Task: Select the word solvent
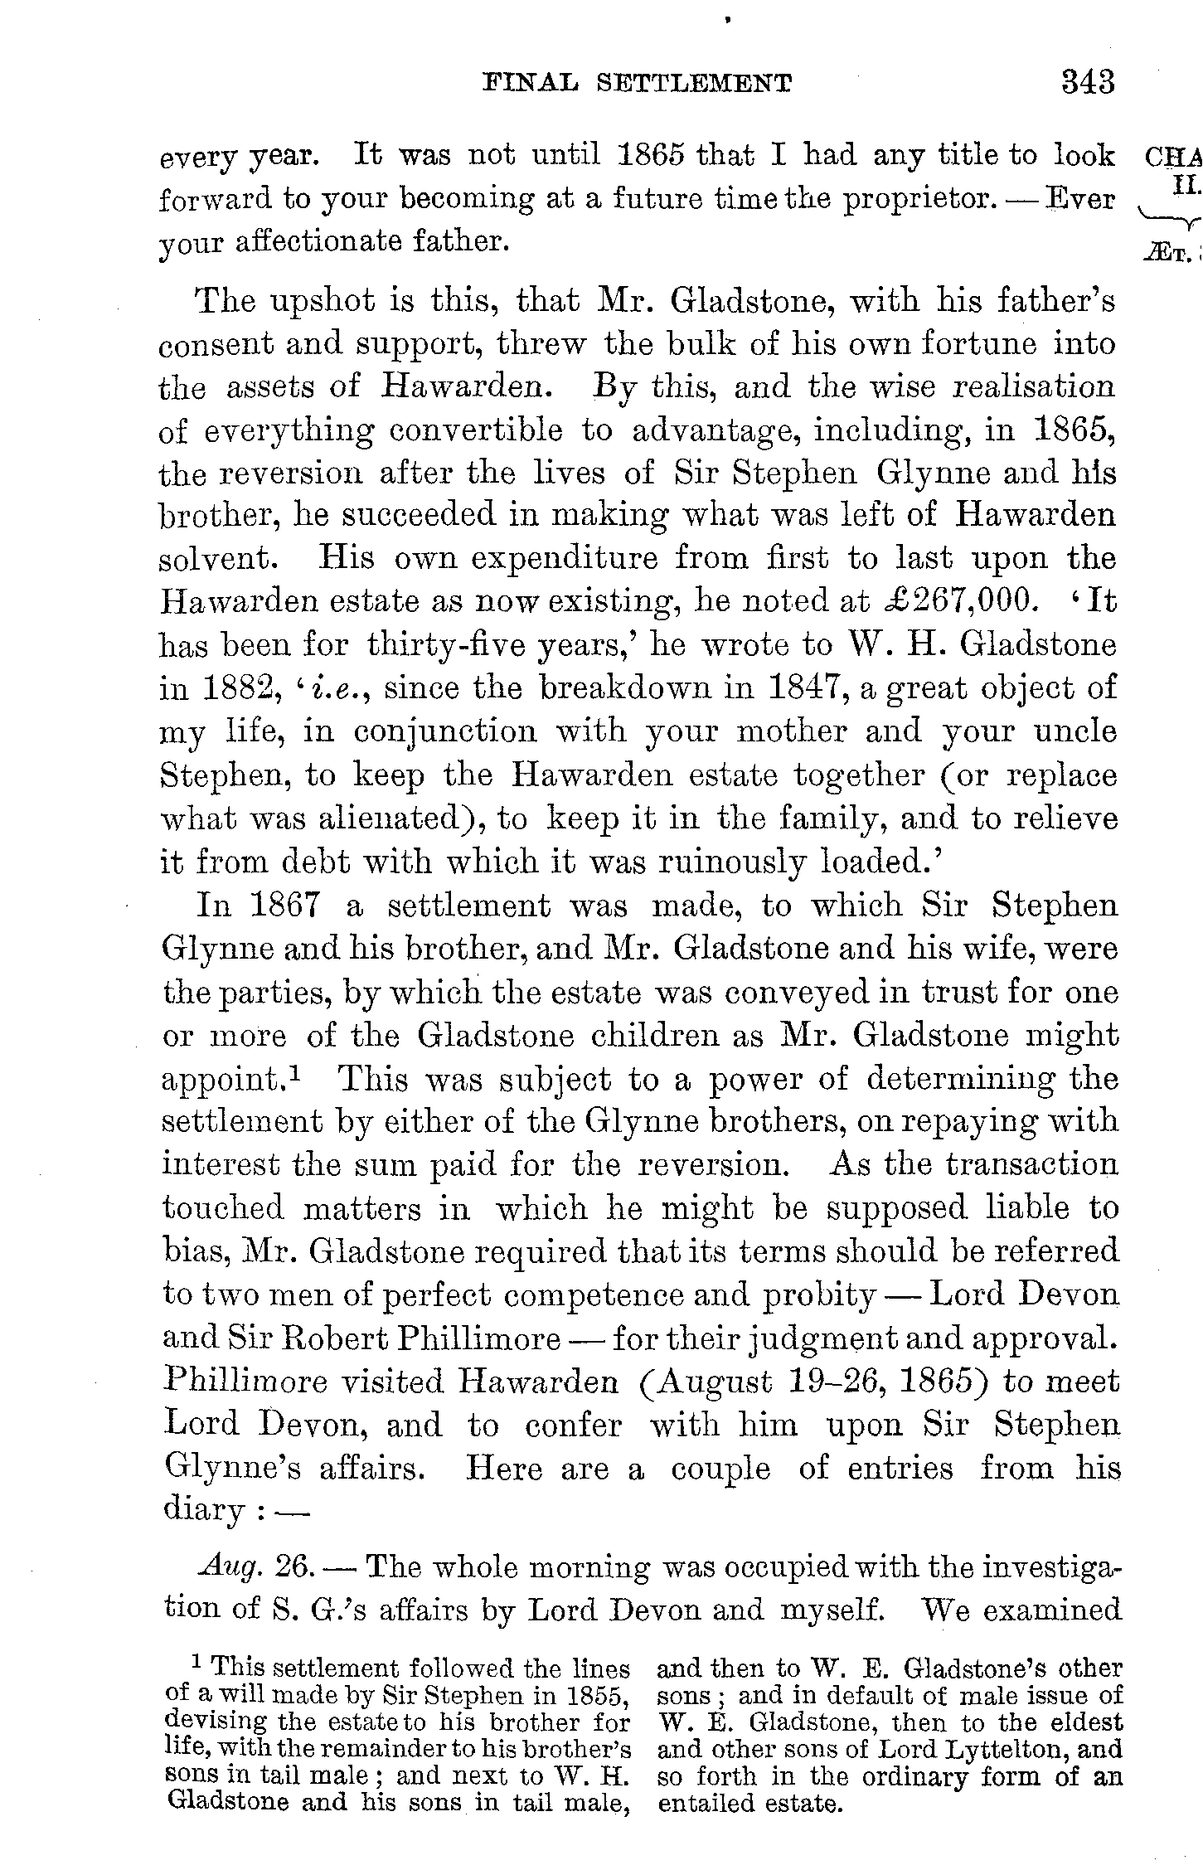pos(218,559)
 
